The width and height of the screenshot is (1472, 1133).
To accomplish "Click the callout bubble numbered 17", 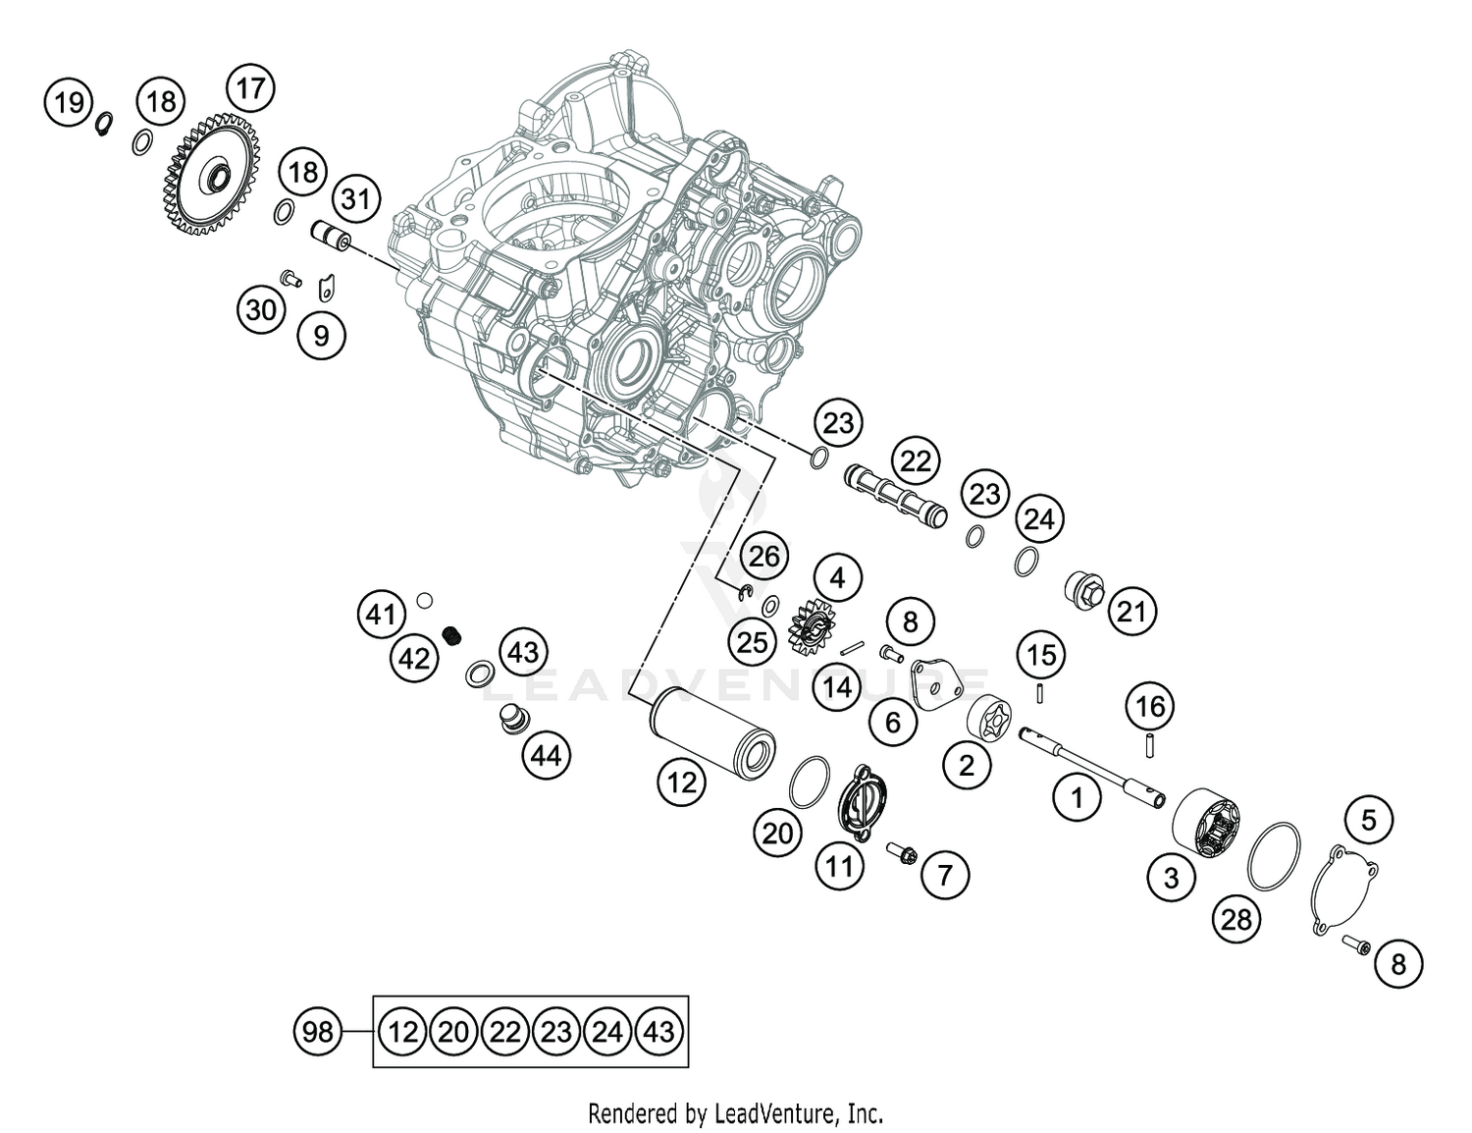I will [250, 88].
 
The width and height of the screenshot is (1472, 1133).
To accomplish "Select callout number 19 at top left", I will [69, 101].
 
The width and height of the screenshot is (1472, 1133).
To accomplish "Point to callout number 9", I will [321, 336].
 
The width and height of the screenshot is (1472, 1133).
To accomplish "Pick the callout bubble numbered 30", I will [261, 310].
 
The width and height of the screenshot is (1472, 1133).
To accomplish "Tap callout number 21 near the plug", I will [1131, 612].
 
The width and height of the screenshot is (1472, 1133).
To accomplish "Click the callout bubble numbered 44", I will [546, 755].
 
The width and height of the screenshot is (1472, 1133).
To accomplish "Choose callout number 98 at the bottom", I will [318, 1031].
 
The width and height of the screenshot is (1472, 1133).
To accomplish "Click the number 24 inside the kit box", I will [607, 1031].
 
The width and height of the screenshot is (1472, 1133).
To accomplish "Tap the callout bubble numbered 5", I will [1369, 819].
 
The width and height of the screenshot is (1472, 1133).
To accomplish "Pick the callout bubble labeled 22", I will [915, 460].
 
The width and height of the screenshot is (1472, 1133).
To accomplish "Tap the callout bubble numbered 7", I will [945, 874].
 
